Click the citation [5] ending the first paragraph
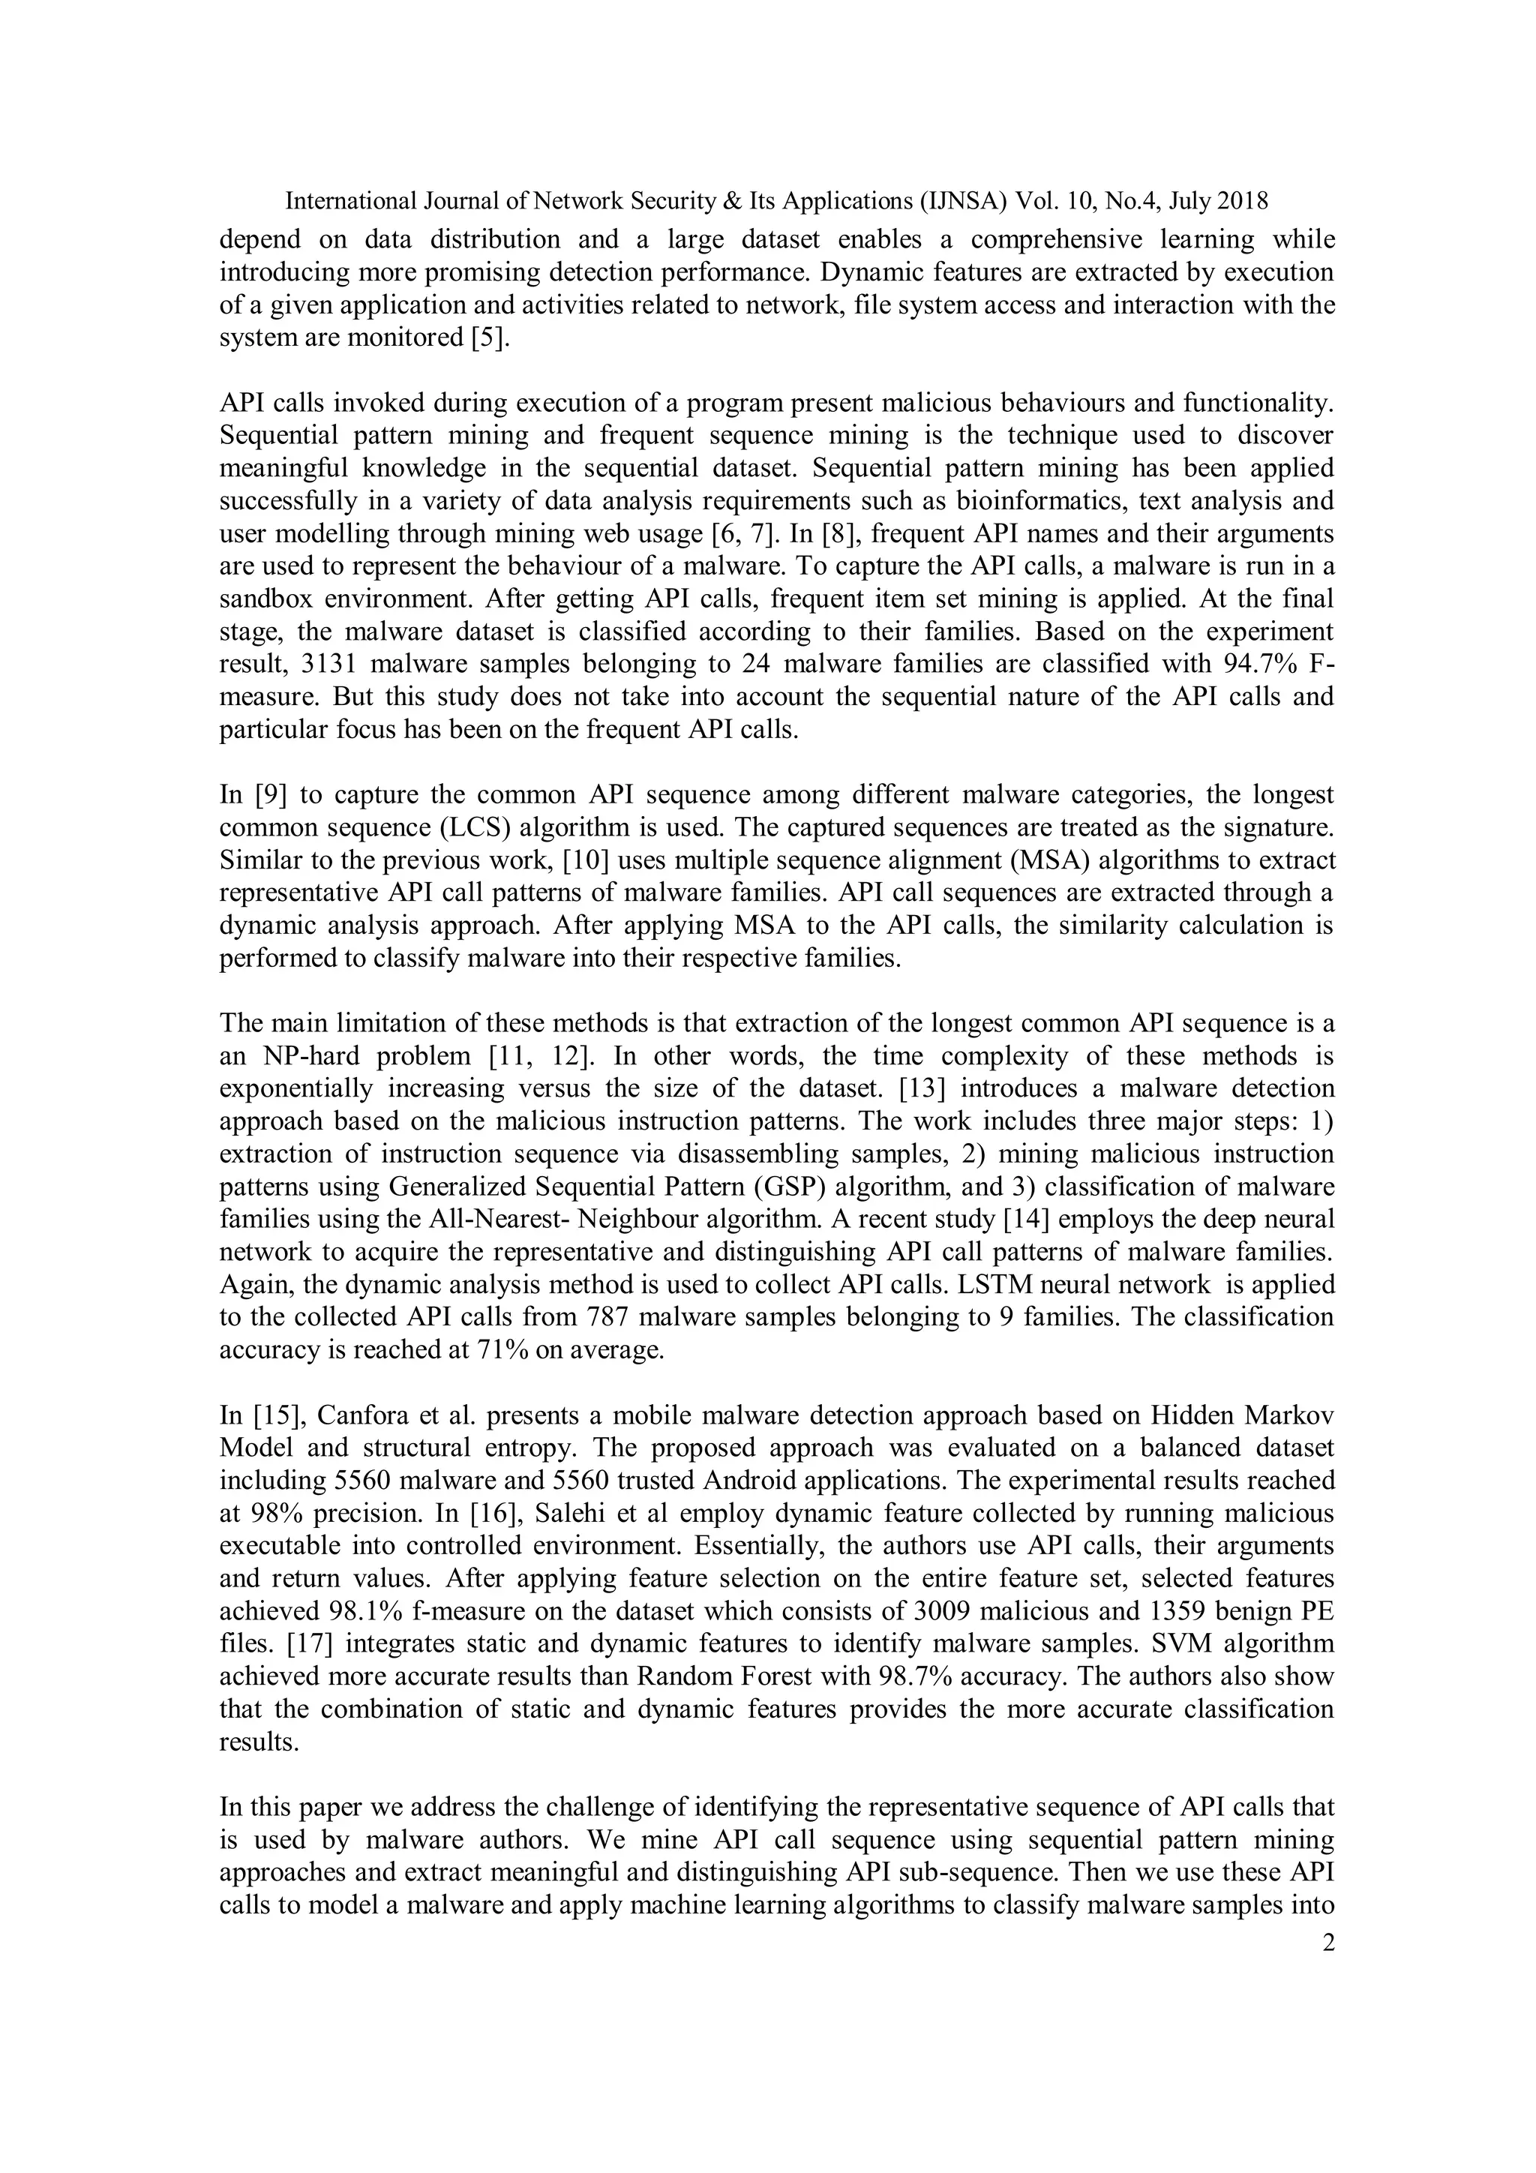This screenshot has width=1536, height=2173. tap(490, 338)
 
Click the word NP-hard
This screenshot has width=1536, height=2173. tap(319, 1056)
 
